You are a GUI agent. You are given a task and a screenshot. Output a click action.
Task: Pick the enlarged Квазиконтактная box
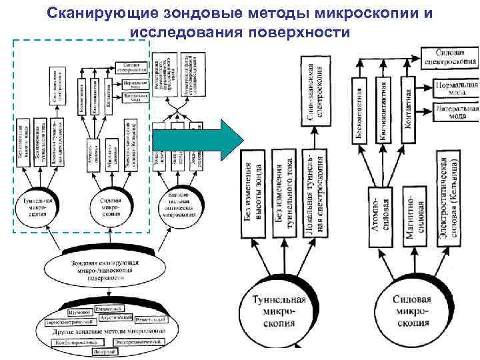click(383, 109)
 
